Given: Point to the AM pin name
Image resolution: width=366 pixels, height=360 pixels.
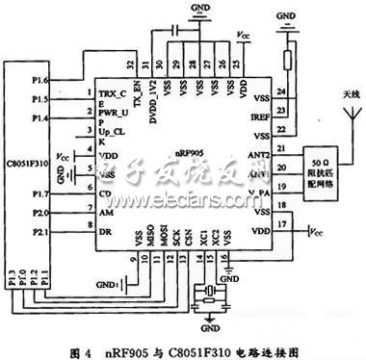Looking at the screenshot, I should pos(103,213).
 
